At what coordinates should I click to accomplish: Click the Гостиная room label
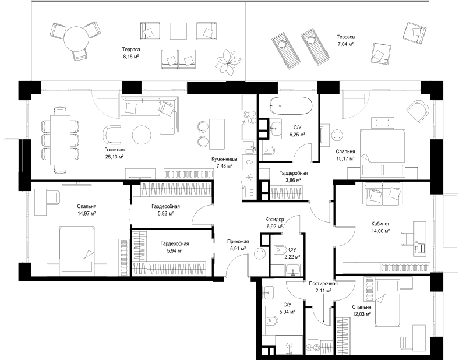[114, 150]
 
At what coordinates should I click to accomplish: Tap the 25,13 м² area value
[114, 156]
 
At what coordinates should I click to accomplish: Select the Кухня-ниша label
[224, 159]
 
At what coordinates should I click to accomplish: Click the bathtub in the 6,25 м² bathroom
[291, 105]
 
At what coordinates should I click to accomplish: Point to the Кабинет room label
[380, 224]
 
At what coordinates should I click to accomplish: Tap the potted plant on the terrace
[228, 61]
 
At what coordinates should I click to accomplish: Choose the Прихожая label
[238, 242]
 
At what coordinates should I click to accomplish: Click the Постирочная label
[323, 284]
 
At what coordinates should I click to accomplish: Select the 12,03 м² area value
[362, 313]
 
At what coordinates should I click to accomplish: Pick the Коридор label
[274, 220]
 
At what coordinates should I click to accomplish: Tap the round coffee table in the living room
[142, 135]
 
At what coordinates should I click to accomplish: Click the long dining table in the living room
[61, 140]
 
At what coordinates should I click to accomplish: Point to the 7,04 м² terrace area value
[345, 44]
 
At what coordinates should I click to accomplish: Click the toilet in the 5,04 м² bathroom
[272, 321]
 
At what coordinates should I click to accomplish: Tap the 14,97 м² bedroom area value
[86, 213]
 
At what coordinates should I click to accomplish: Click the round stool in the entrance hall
[260, 253]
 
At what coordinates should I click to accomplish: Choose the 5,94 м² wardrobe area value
[174, 251]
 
